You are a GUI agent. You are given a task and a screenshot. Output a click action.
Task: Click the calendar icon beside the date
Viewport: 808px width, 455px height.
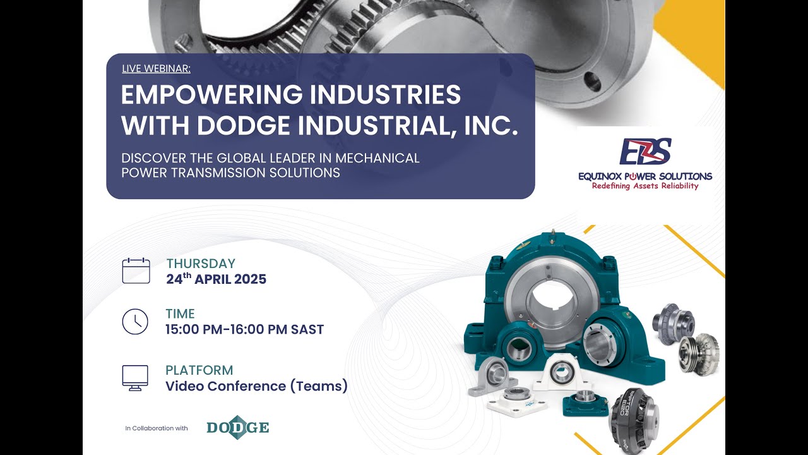coord(136,270)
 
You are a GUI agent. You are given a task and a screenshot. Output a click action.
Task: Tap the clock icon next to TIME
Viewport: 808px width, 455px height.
coord(135,322)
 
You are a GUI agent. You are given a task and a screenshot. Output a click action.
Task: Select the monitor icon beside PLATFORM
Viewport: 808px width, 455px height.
coord(135,378)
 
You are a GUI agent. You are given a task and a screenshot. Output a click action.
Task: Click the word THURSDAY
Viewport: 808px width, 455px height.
coord(201,264)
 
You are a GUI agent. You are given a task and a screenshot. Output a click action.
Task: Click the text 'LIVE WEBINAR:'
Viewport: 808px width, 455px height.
coord(156,68)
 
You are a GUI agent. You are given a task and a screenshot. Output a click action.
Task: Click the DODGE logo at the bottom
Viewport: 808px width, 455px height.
coord(238,428)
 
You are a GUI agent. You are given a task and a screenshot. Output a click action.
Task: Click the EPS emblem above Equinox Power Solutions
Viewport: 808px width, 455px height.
coord(645,152)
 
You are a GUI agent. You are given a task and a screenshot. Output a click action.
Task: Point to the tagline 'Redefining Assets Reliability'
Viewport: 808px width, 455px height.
coord(645,186)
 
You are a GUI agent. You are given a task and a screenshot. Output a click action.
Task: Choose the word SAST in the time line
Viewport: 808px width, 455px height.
coord(307,329)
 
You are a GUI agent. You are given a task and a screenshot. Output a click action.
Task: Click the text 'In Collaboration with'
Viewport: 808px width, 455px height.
coord(157,428)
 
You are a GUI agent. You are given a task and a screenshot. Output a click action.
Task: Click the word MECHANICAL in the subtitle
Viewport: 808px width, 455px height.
coord(377,158)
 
